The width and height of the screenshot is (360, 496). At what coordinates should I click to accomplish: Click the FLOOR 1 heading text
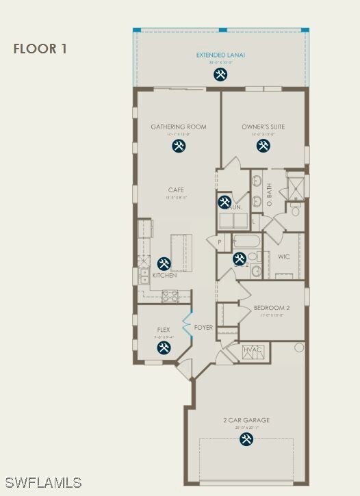coord(40,49)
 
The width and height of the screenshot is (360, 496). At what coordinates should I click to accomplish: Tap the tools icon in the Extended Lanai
coord(220,75)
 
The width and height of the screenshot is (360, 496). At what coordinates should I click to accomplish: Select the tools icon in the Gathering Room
coord(179,146)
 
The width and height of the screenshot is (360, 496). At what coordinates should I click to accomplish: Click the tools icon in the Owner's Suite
coord(263,146)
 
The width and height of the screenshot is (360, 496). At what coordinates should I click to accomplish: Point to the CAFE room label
coord(176,190)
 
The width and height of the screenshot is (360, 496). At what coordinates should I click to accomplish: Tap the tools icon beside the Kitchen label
coord(164,263)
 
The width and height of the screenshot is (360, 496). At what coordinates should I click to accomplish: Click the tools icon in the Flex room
coord(164,348)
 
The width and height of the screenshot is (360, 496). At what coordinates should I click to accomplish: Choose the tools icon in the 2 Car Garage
coord(246,439)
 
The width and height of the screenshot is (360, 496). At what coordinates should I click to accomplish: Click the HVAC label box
coord(252,352)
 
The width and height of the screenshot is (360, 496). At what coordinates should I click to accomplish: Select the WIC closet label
coord(284,257)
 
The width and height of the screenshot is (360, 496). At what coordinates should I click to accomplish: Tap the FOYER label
coord(203,328)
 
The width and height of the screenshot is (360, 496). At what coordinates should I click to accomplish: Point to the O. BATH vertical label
coord(270,195)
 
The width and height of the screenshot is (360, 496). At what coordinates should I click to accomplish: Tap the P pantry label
coord(220,242)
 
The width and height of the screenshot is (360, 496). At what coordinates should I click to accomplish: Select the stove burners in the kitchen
coord(169,296)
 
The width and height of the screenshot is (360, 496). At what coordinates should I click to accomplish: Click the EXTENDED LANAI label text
coord(220,55)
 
